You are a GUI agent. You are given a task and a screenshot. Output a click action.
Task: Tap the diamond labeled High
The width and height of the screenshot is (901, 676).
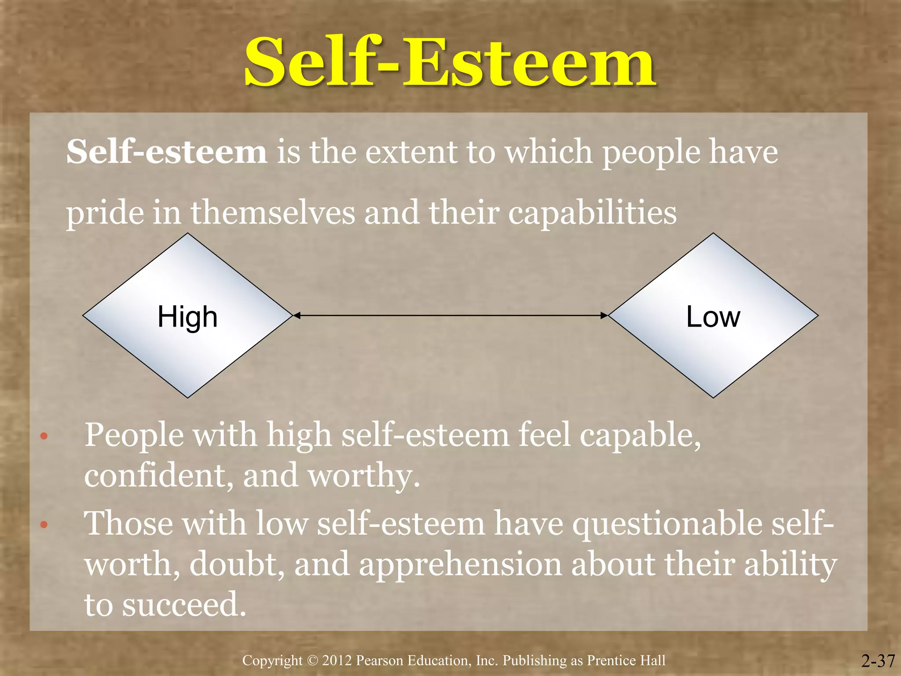pyautogui.click(x=188, y=316)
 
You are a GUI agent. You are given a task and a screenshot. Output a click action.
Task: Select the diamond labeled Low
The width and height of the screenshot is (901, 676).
pyautogui.click(x=713, y=316)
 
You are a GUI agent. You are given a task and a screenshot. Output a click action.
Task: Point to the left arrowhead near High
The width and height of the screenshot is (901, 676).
pyautogui.click(x=297, y=315)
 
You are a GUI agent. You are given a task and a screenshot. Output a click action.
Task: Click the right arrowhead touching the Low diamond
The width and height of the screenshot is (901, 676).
pyautogui.click(x=604, y=315)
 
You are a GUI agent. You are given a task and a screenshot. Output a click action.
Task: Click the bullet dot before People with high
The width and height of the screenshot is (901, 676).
pyautogui.click(x=44, y=437)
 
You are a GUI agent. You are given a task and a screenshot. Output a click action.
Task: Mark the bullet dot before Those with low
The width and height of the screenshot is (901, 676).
pyautogui.click(x=44, y=525)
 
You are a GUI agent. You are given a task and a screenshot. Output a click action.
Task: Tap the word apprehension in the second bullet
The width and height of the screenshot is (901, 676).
pyautogui.click(x=460, y=565)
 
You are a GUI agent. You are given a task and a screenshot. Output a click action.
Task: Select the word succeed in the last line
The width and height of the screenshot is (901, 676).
pyautogui.click(x=183, y=605)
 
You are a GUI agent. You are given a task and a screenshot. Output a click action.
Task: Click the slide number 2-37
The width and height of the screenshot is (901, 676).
pyautogui.click(x=878, y=661)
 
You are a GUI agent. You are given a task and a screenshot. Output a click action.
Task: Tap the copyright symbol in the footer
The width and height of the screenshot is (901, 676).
pyautogui.click(x=312, y=661)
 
